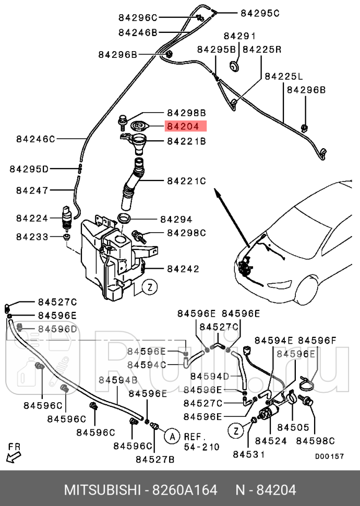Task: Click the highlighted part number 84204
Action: pos(186,126)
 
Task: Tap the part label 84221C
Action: pos(186,181)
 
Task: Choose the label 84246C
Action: pos(35,139)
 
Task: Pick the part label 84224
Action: pos(32,218)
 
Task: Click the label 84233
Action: pos(32,236)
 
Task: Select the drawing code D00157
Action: pos(329,456)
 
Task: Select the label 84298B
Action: pos(186,112)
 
